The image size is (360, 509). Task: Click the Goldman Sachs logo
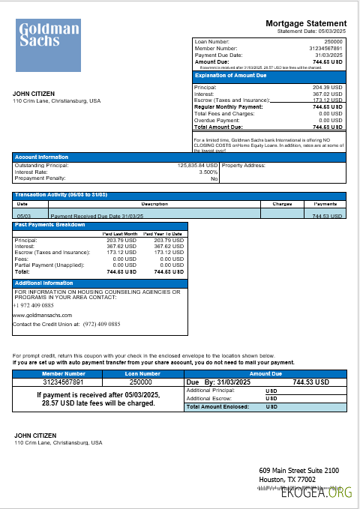pos(48,46)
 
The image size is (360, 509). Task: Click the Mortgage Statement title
pos(306,24)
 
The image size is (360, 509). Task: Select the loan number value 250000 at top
pos(332,41)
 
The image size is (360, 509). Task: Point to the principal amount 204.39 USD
pos(327,87)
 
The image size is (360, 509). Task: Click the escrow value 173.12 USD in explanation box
pos(327,100)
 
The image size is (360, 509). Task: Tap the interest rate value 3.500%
pos(208,172)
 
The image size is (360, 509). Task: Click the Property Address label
pos(244,165)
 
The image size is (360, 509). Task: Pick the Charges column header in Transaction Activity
pos(282,203)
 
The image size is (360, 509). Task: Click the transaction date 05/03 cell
pos(22,215)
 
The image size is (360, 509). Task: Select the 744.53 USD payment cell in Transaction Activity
pos(325,215)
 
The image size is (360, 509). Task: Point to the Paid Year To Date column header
pos(163,234)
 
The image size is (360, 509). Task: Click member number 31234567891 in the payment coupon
pos(63,382)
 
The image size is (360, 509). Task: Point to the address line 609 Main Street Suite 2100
pos(299,470)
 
